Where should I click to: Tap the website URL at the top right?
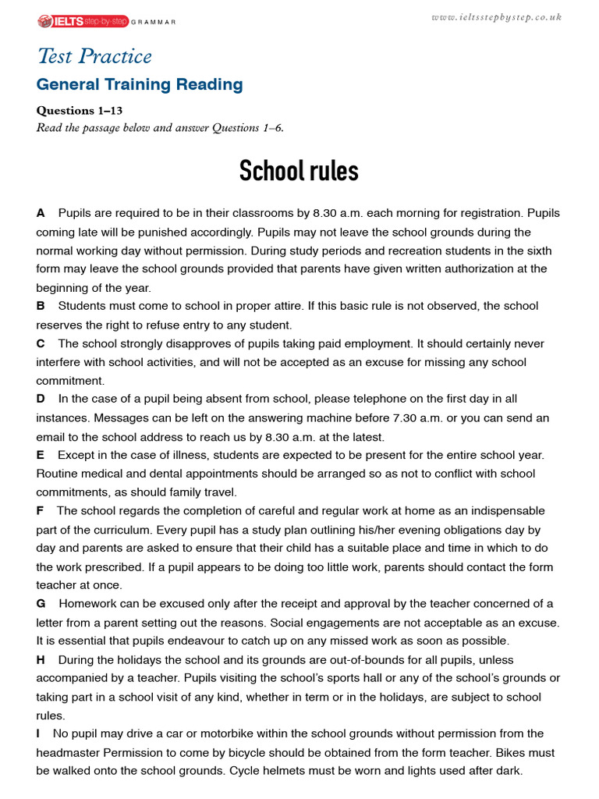(496, 17)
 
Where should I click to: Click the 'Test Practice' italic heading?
(94, 56)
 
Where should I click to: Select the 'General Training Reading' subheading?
(140, 85)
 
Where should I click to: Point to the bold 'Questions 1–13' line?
(80, 111)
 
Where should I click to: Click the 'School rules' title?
(299, 170)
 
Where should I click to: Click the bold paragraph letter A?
(41, 213)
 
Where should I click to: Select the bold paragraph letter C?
(41, 344)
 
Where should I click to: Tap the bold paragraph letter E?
(41, 455)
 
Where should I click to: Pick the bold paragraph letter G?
(41, 604)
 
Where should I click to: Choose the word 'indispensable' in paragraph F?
(509, 511)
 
